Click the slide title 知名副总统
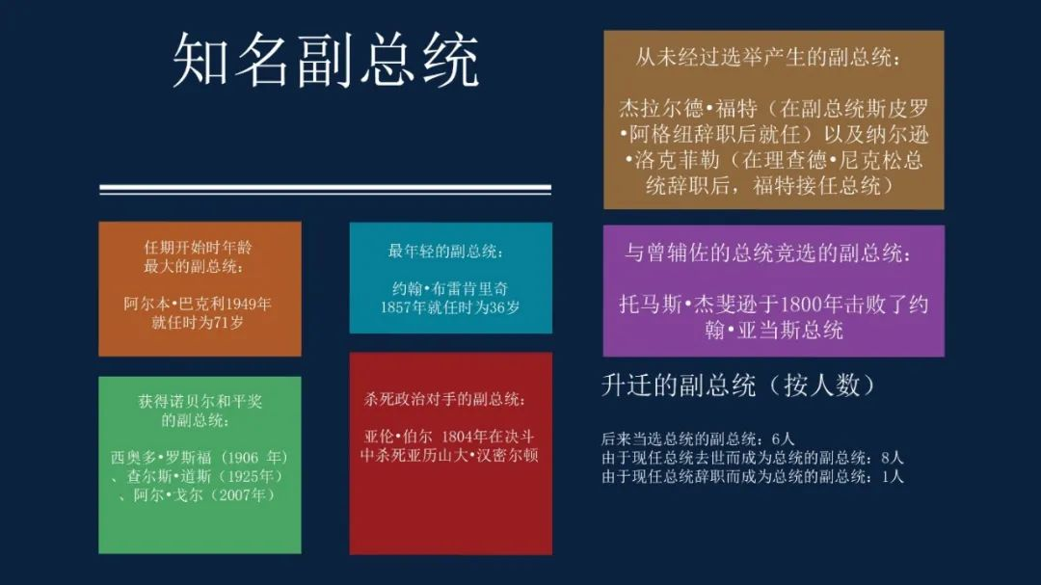pos(326,61)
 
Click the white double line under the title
pos(326,189)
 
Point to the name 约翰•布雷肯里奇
pos(449,289)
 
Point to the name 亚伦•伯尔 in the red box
pos(398,437)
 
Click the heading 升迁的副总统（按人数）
pos(738,386)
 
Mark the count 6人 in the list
pos(783,439)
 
